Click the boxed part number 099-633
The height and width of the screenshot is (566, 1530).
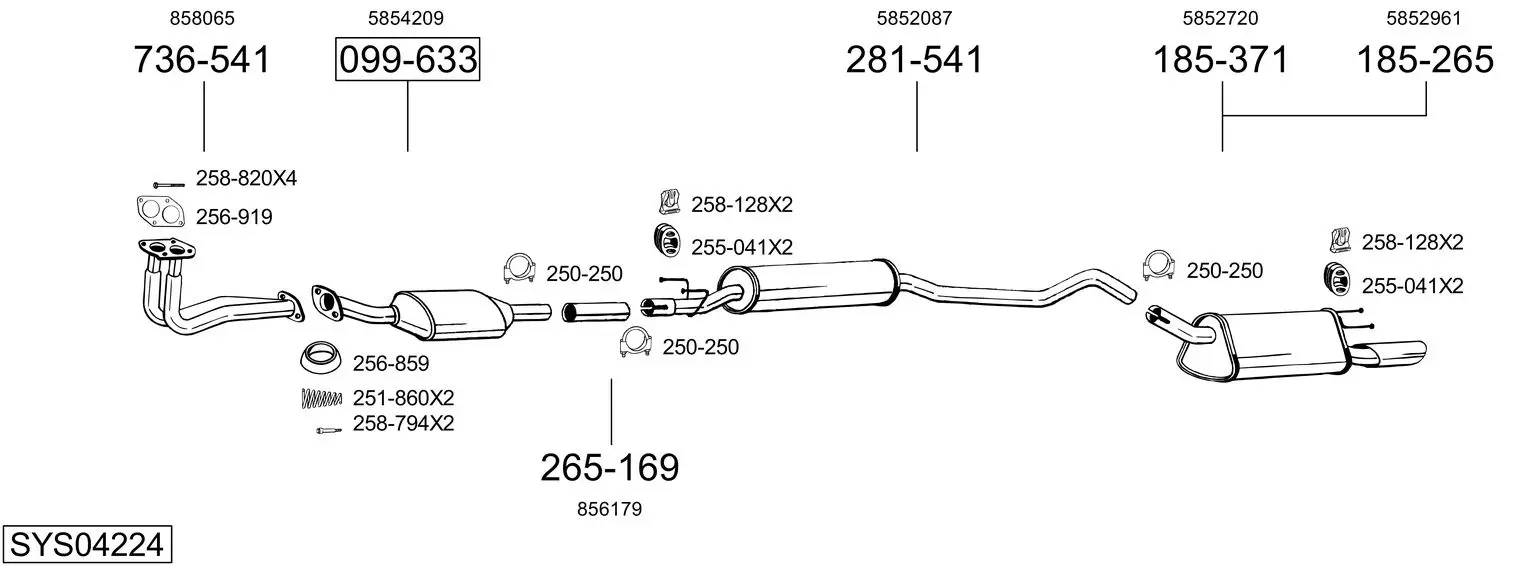click(407, 59)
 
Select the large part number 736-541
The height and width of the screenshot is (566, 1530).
click(202, 59)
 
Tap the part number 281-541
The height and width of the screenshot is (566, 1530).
click(914, 59)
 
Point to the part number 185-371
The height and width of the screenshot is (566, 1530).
click(1221, 59)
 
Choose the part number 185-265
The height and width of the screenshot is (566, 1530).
click(1425, 59)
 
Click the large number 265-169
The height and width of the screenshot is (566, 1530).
click(610, 468)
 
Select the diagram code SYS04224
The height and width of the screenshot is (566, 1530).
click(87, 545)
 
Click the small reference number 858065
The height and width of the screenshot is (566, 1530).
click(202, 18)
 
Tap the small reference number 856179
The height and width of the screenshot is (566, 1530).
click(609, 509)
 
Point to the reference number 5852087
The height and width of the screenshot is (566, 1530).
click(914, 18)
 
